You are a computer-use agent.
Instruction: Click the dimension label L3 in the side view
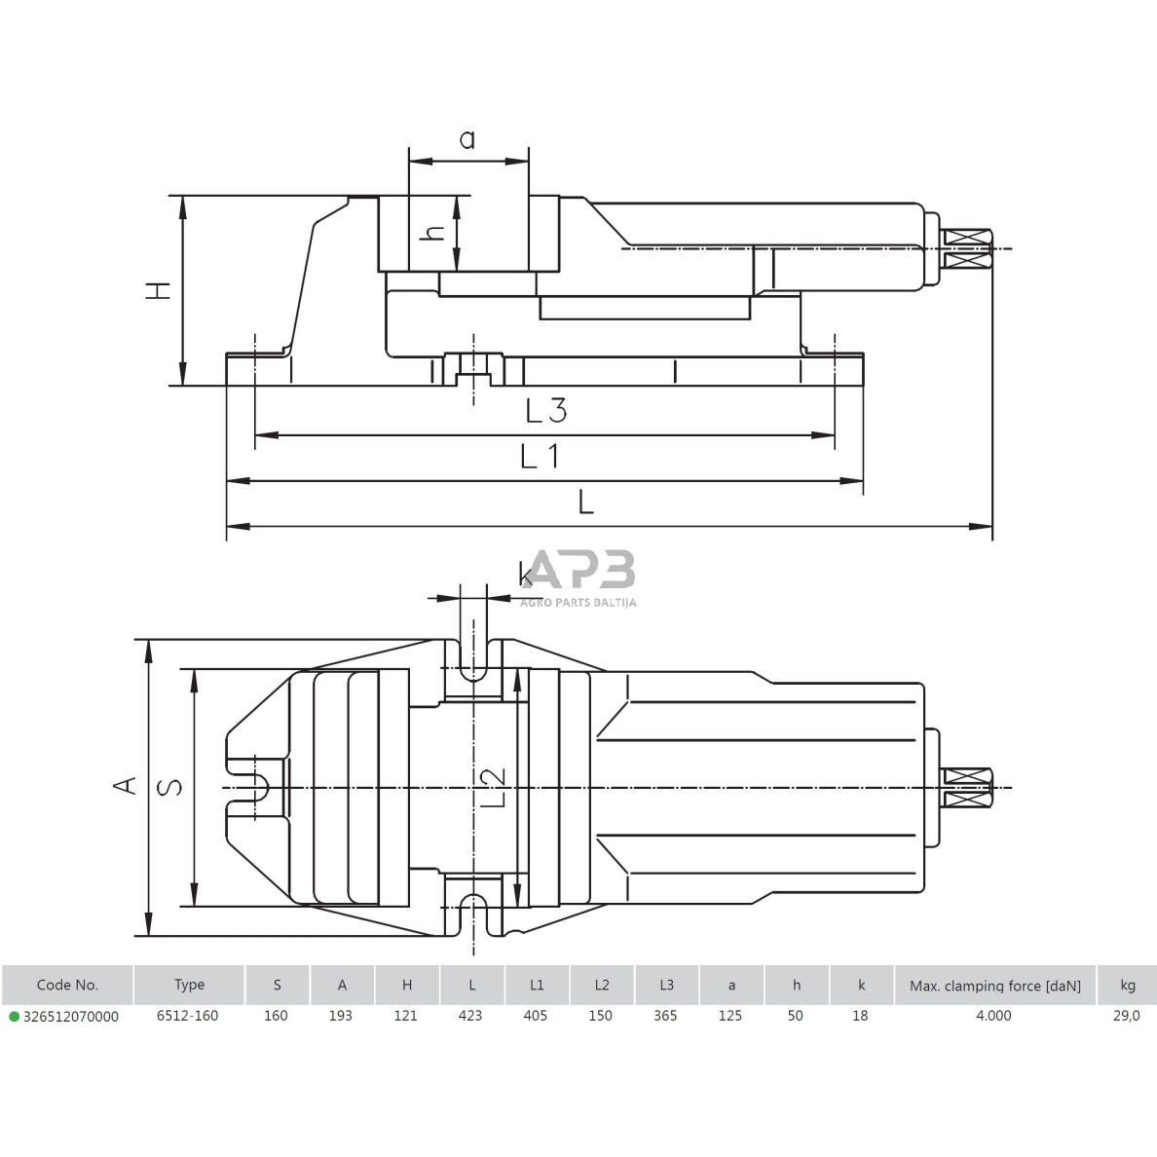tap(545, 410)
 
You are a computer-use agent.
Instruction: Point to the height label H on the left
tap(158, 289)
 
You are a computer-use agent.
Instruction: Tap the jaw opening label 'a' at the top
tap(467, 140)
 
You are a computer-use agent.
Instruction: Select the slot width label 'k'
tap(527, 574)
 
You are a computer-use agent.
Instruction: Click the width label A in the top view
tap(125, 785)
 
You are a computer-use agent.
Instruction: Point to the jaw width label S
tap(170, 787)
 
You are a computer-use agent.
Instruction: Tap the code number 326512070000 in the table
tap(70, 1016)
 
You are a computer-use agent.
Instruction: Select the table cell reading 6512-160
tap(188, 1016)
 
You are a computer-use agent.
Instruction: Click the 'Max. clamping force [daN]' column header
tap(994, 985)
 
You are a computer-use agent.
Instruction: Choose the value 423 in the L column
tap(470, 1016)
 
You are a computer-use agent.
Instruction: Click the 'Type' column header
tap(189, 985)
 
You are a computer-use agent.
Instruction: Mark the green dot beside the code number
tap(14, 1017)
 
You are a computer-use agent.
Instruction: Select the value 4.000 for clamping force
tap(993, 1016)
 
